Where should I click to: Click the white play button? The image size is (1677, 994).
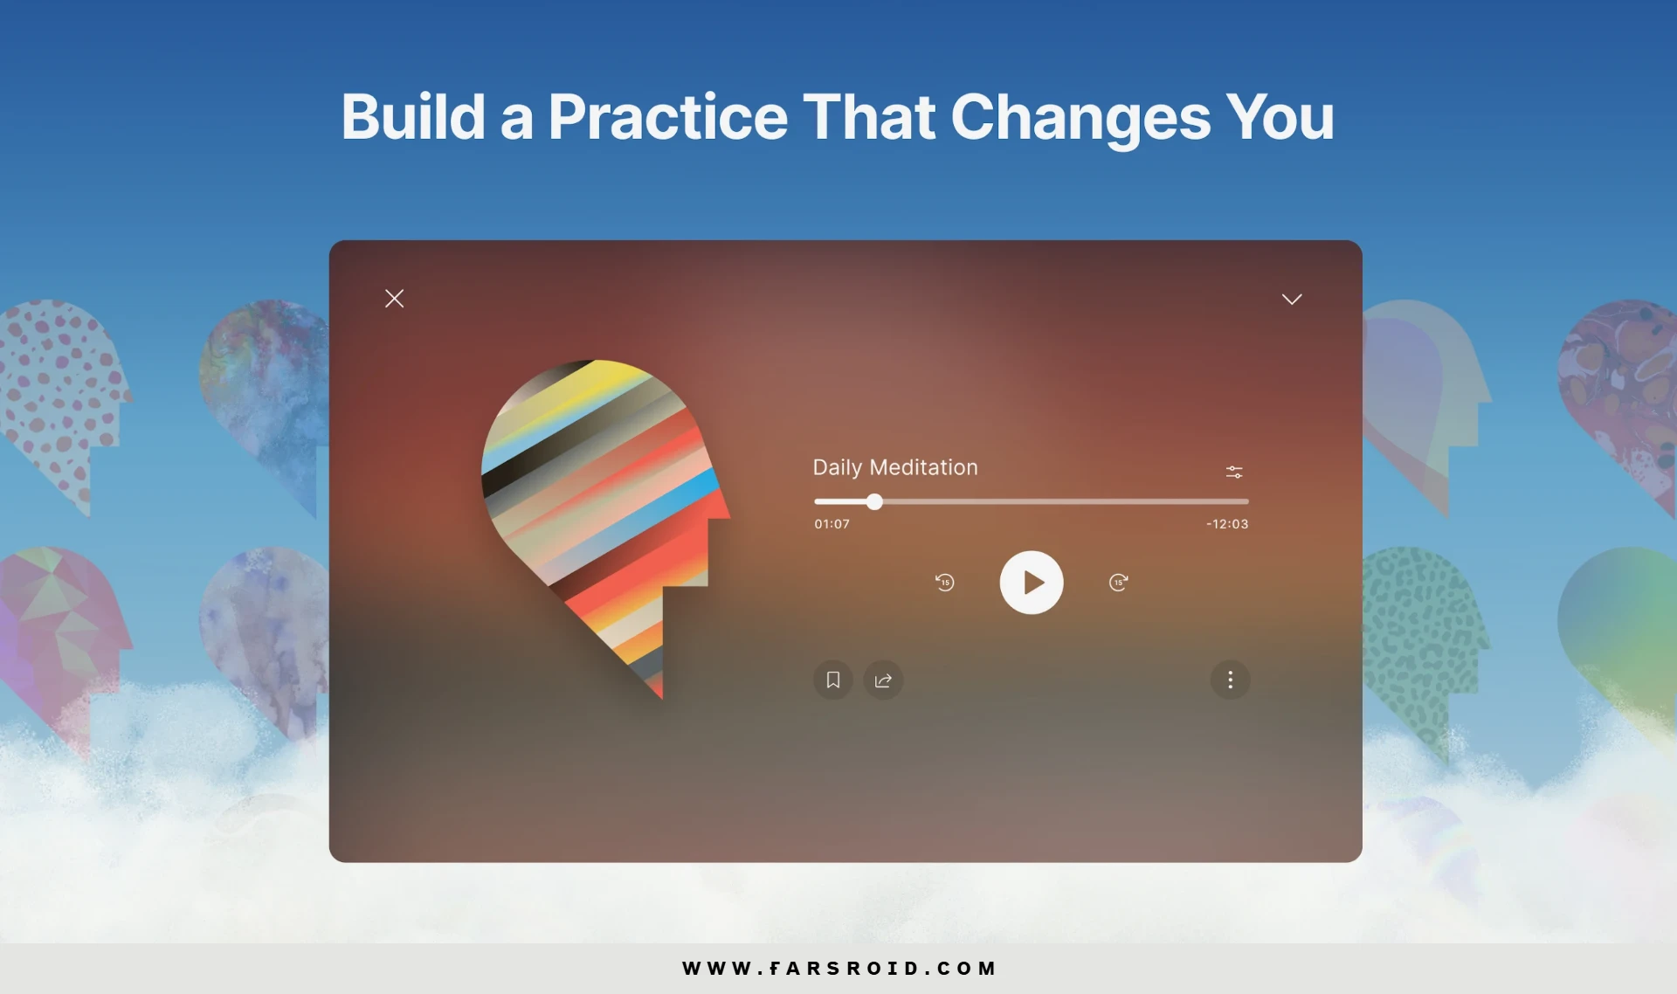[1032, 583]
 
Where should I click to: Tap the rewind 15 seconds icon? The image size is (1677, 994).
[945, 583]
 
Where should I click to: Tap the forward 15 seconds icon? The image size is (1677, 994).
[1118, 583]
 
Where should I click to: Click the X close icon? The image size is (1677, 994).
[395, 299]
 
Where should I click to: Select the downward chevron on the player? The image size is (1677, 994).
[1292, 300]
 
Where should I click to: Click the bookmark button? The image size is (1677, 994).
[833, 680]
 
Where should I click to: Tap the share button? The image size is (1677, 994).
[883, 680]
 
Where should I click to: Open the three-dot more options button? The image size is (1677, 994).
[1230, 680]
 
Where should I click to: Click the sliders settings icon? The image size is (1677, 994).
[1234, 472]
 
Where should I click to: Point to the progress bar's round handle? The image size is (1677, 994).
[874, 501]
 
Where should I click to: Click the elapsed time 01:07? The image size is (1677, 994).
[832, 524]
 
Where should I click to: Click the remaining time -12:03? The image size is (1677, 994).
[1227, 524]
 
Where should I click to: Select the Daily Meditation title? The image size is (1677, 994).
[895, 467]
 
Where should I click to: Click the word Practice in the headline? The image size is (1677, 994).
[668, 117]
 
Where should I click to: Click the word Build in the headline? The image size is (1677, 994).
[413, 116]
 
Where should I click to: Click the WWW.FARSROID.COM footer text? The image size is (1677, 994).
[839, 968]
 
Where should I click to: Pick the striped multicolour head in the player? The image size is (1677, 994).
[603, 515]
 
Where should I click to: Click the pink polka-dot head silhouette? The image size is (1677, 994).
[61, 402]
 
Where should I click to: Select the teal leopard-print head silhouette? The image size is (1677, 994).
[1424, 646]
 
